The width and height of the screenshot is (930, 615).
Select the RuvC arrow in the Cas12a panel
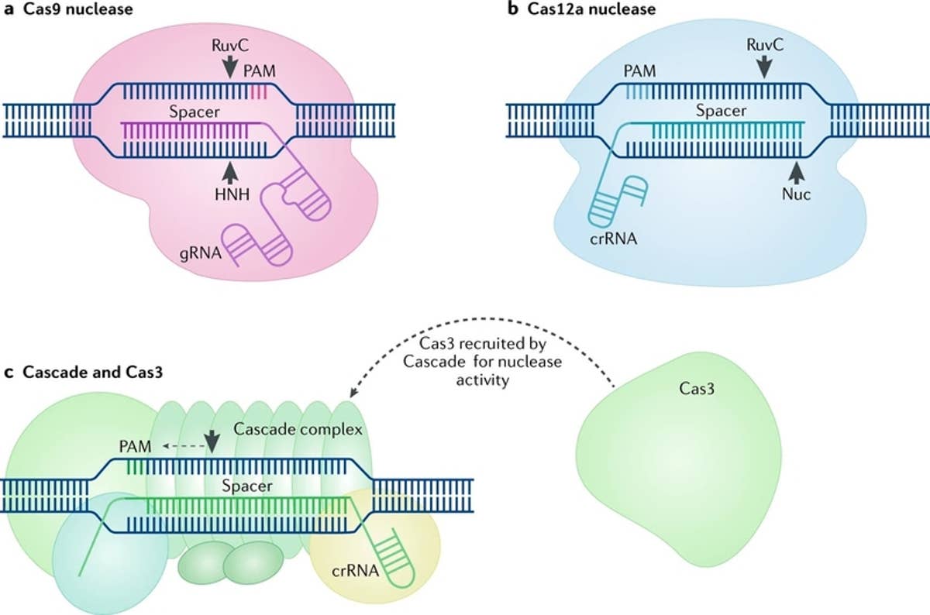765,68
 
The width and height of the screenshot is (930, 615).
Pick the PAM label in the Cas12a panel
638,72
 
